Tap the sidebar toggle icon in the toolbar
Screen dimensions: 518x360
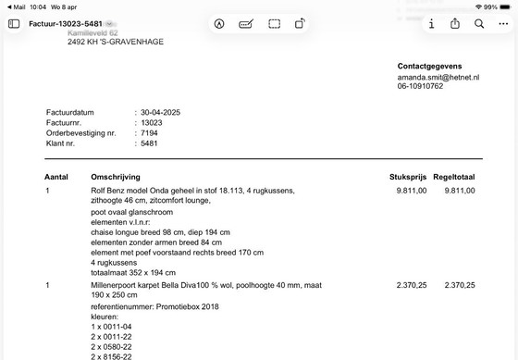pyautogui.click(x=14, y=23)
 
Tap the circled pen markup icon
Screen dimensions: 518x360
pyautogui.click(x=219, y=23)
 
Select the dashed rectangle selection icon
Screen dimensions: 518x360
pyautogui.click(x=275, y=23)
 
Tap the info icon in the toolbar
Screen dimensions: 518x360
pyautogui.click(x=432, y=23)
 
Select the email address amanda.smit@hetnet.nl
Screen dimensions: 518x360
pyautogui.click(x=438, y=78)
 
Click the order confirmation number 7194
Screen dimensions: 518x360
pyautogui.click(x=148, y=133)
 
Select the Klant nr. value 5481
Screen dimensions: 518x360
pyautogui.click(x=148, y=143)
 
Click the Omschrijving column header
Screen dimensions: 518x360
pyautogui.click(x=115, y=176)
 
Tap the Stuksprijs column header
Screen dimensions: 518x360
pyautogui.click(x=408, y=176)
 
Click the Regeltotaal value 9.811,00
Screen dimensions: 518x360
pyautogui.click(x=459, y=191)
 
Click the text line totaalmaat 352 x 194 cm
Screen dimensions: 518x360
pyautogui.click(x=132, y=272)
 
